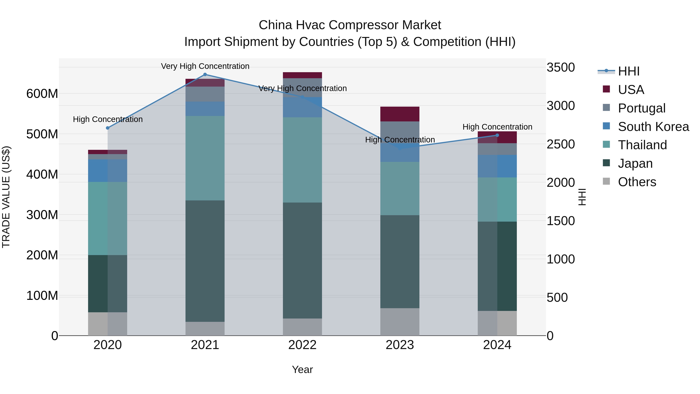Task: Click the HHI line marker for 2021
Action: [205, 75]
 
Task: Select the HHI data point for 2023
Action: [400, 148]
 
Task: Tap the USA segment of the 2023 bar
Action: [400, 114]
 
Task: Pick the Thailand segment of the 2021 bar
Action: [205, 158]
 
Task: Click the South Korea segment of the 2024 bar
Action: [497, 166]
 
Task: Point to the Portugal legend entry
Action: [641, 108]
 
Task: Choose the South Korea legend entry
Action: [653, 126]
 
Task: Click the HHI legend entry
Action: [628, 71]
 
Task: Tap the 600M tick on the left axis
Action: [42, 94]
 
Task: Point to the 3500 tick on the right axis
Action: [561, 68]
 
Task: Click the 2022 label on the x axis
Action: [302, 345]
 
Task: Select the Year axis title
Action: [302, 369]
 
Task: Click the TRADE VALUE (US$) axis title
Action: [6, 197]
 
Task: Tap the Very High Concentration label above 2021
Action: [205, 66]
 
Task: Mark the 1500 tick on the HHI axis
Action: [561, 221]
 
